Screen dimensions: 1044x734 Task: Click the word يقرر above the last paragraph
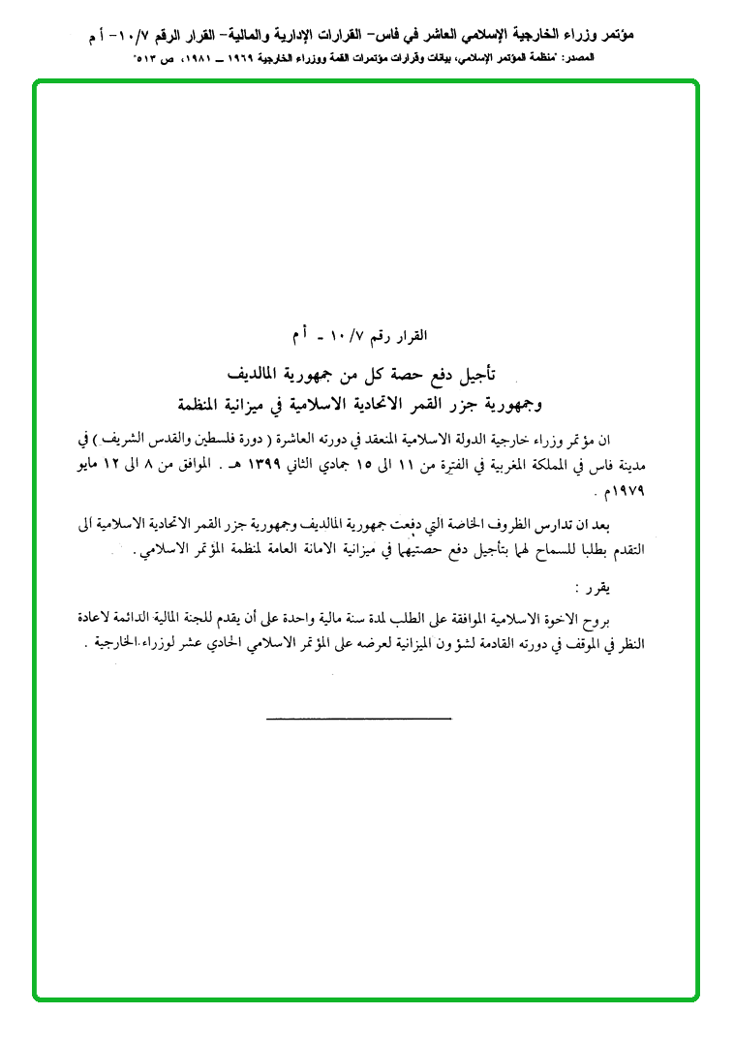coord(593,588)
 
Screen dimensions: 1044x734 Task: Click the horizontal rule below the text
coord(358,718)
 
